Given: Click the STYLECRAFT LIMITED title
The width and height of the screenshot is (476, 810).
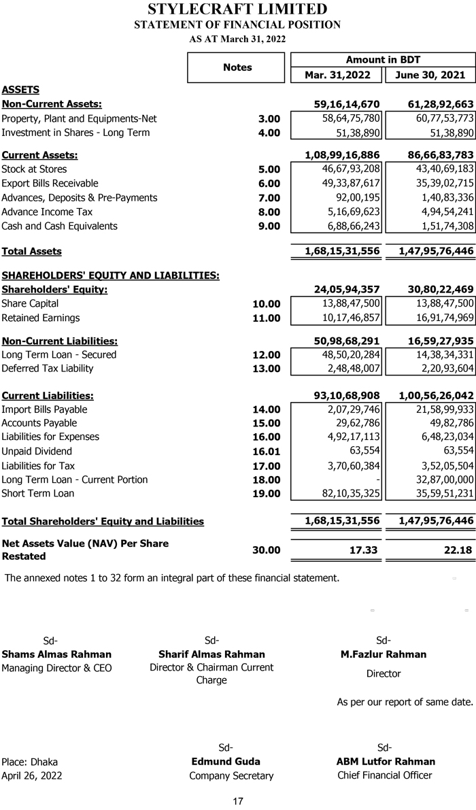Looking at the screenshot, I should click(x=237, y=10).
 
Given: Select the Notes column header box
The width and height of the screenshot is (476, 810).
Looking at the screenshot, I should click(x=237, y=67).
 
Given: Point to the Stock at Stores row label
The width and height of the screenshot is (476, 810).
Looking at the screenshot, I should click(x=34, y=169).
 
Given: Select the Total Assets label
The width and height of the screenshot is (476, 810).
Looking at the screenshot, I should click(x=31, y=251).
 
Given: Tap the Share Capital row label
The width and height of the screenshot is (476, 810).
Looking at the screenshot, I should click(x=30, y=303).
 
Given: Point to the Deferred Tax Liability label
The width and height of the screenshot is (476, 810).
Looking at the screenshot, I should click(x=47, y=369).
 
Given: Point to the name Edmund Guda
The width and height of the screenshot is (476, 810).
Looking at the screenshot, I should click(x=226, y=761).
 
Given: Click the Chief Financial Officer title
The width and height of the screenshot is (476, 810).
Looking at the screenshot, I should click(x=384, y=775).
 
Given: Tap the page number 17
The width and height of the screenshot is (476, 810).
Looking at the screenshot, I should click(x=238, y=802).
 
